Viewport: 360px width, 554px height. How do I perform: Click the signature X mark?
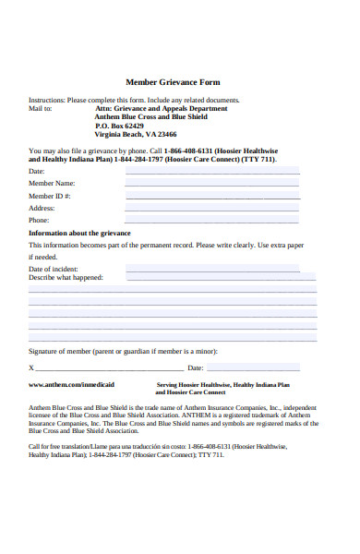click(x=31, y=368)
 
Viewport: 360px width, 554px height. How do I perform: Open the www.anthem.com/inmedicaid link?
click(x=72, y=384)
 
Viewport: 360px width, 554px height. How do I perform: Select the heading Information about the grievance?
click(x=79, y=233)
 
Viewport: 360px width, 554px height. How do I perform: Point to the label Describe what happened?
click(x=66, y=277)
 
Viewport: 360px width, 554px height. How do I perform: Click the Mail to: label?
click(x=41, y=108)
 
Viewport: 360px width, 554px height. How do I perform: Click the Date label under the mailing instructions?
click(x=37, y=172)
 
